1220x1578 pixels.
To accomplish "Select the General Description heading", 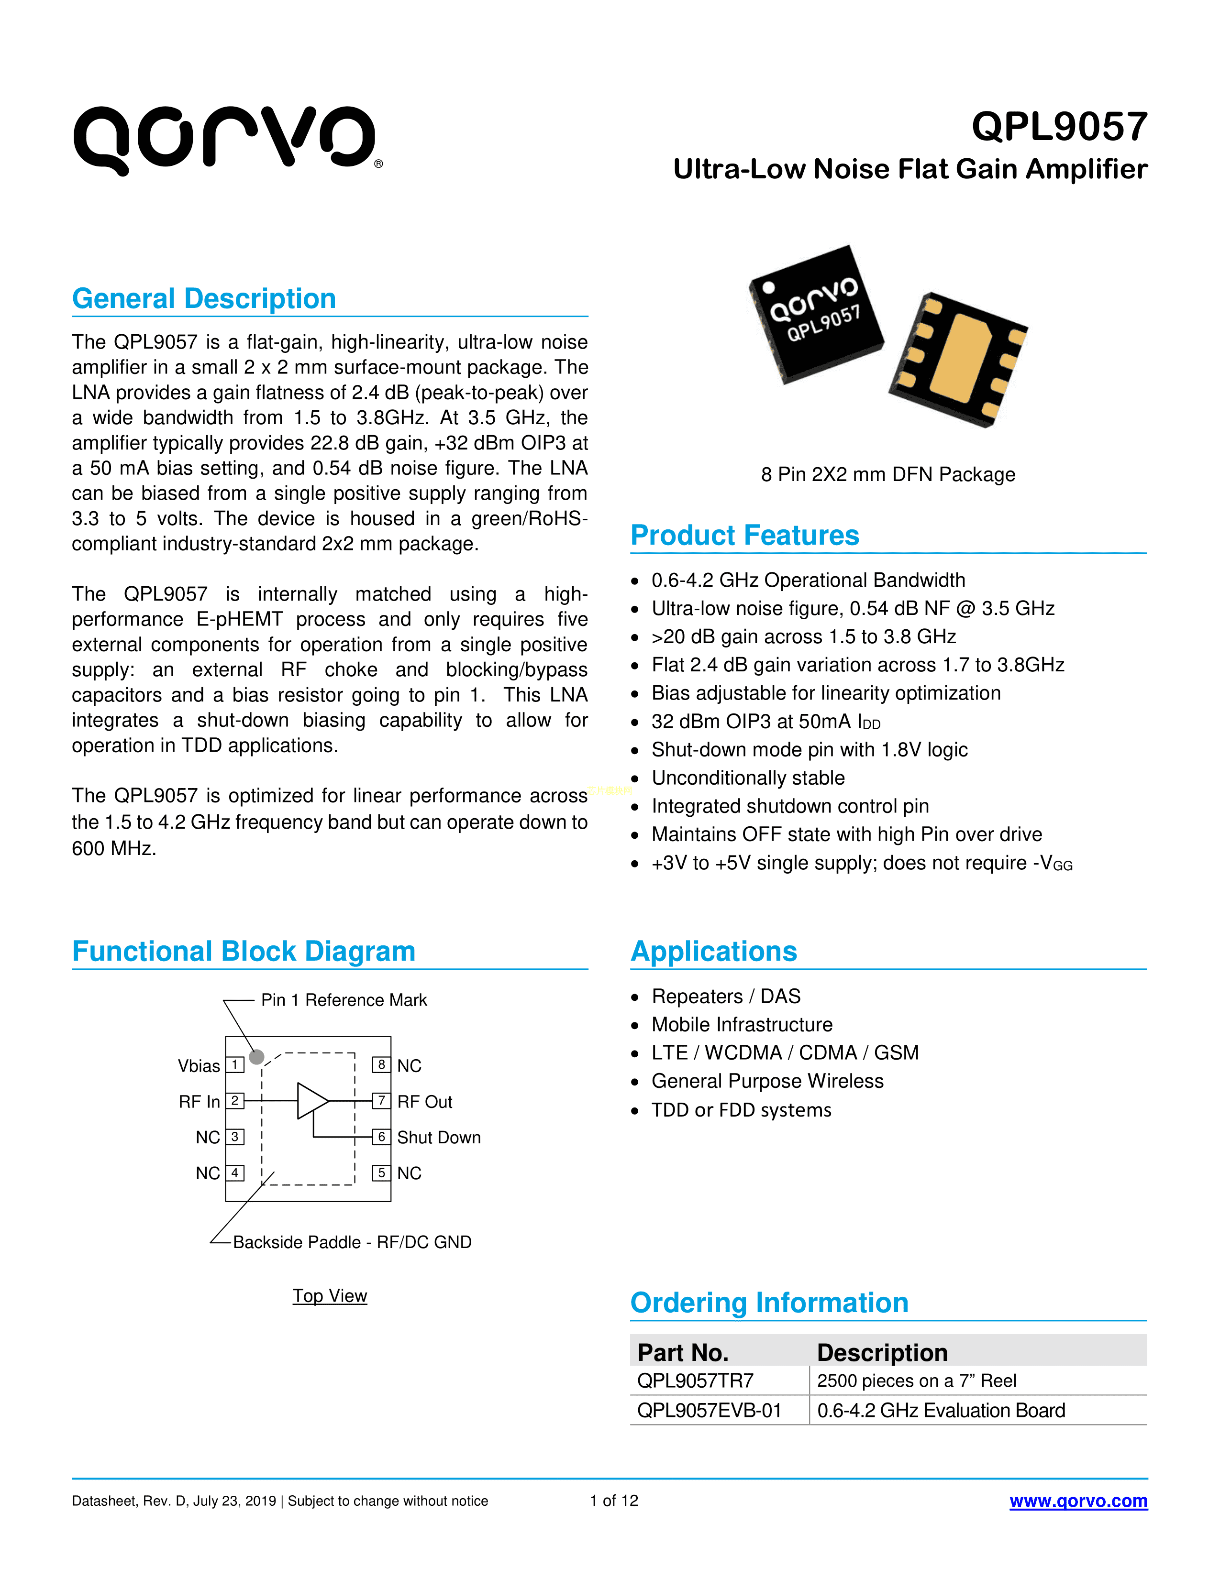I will coord(204,298).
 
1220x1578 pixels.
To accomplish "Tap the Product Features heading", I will coord(744,536).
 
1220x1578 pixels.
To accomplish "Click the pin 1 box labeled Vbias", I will coord(235,1064).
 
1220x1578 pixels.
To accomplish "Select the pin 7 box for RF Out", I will coord(381,1100).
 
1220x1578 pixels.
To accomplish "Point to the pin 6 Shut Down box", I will coord(381,1137).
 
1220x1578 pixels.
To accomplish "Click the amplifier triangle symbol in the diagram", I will coord(311,1100).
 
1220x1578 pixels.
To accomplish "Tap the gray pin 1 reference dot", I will coord(256,1057).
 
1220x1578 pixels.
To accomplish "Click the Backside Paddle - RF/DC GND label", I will coord(352,1242).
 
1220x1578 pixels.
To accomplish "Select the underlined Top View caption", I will coord(330,1295).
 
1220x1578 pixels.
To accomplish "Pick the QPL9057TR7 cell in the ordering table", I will coord(695,1381).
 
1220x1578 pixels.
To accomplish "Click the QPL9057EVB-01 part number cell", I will coord(709,1410).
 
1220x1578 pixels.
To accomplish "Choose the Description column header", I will coord(882,1352).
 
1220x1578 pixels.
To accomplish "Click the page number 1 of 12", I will coord(614,1501).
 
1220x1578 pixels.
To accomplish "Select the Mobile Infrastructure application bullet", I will coord(742,1025).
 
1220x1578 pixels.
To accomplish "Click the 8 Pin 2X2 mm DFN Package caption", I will coord(887,475).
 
